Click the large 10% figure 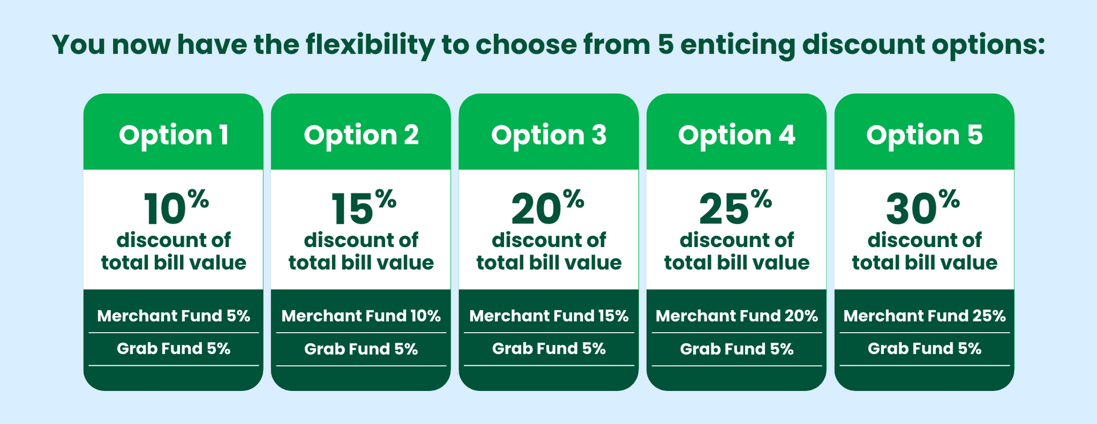176,207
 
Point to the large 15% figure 363,207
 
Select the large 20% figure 548,207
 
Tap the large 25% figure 735,207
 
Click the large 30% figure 923,207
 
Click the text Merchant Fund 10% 361,316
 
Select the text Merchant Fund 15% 548,316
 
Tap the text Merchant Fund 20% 736,316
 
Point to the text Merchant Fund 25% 924,316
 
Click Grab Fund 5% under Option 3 548,349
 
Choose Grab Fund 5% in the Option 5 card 924,349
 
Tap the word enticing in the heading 737,46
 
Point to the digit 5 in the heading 666,45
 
